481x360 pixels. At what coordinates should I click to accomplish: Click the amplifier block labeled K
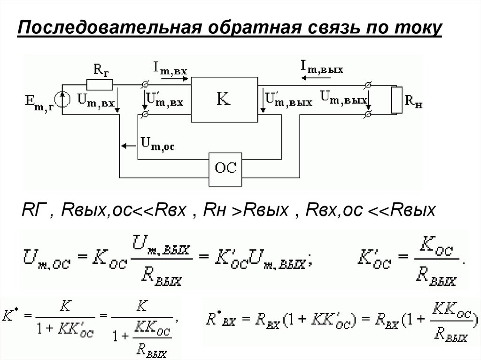pos(224,99)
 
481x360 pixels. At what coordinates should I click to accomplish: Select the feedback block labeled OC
pos(225,167)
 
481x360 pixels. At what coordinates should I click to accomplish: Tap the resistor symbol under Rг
pos(100,84)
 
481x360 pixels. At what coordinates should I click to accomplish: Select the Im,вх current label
pos(170,69)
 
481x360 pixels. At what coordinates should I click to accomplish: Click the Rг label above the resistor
pos(100,71)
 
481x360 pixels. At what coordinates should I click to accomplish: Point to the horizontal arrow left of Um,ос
pos(127,146)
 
